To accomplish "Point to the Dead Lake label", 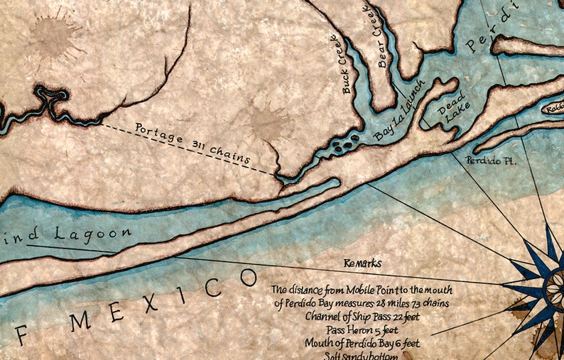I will pos(448,114).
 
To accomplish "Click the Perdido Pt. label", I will pos(491,161).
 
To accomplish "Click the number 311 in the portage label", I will pos(202,145).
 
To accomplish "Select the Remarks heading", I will pos(363,263).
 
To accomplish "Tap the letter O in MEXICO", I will pos(248,277).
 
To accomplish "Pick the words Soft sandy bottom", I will pos(341,355).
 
